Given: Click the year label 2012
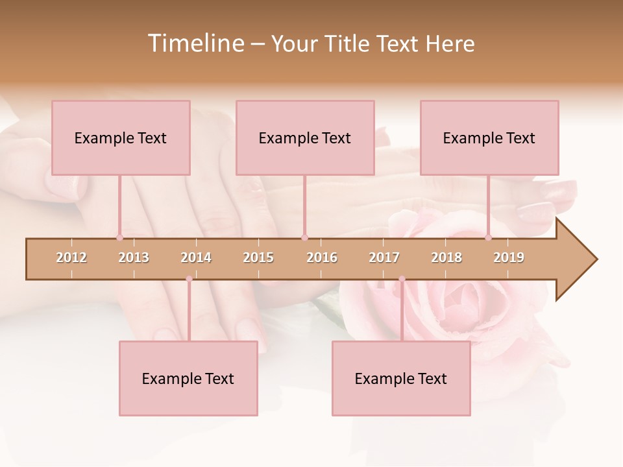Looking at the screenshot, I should (71, 257).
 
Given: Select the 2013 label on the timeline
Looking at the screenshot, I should (134, 257).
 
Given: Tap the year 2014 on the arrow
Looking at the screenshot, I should (196, 257).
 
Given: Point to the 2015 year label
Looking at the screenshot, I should (258, 257).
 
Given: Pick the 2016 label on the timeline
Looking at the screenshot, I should (322, 257).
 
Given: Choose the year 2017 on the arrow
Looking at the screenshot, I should (384, 257).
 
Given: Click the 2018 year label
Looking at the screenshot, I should (446, 257).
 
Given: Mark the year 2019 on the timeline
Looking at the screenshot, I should (509, 257).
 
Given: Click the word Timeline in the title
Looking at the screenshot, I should (195, 43).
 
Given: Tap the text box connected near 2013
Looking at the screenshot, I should (121, 138).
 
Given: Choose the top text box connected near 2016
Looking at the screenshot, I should (305, 138).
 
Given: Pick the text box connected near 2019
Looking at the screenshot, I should (489, 138).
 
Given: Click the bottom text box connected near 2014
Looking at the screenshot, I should (188, 378).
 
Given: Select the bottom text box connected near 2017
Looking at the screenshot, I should (401, 378).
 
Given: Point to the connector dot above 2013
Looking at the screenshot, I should (119, 237).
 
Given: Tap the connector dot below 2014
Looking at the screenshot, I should (189, 279).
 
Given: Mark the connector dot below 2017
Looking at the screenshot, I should (402, 279).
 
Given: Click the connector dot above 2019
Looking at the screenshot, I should (488, 237).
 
